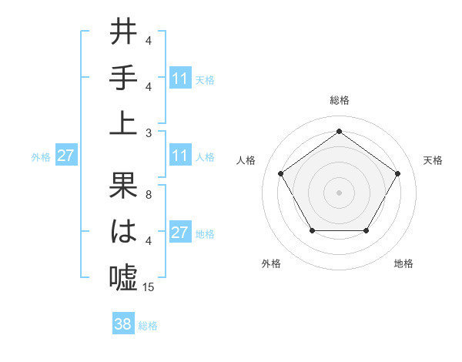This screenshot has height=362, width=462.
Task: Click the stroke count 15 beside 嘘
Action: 149,287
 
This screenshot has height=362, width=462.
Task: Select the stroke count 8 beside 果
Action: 148,195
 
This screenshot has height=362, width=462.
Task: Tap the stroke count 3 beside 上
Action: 148,132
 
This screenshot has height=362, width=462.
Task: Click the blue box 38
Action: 123,324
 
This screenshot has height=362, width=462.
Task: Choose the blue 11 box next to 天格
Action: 179,78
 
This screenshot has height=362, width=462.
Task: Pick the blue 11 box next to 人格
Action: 179,156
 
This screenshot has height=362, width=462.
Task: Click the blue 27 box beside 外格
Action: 65,156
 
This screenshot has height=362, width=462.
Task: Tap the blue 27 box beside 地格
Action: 179,233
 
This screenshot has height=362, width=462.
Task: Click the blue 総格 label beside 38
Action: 148,326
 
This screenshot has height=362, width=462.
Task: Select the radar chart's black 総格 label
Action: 339,100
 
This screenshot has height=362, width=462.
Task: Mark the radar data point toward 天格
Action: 397,173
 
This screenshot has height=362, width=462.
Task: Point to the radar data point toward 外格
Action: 312,230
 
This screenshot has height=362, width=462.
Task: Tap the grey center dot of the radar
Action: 339,192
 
